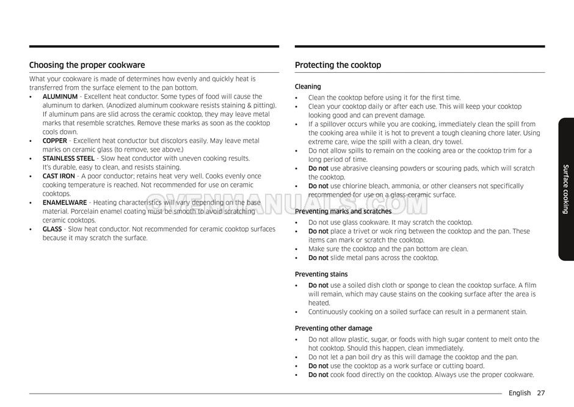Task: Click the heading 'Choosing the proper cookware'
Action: (87, 65)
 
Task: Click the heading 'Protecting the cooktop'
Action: (338, 65)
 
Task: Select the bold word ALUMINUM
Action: (60, 97)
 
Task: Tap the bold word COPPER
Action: (54, 141)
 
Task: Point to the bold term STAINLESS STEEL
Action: (68, 158)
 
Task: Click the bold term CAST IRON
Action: (59, 176)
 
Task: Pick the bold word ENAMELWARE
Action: (65, 203)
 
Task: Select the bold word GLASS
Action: (52, 229)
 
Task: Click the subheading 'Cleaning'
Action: (308, 87)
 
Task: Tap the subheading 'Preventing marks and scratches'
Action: (343, 211)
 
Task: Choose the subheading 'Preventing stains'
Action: (321, 274)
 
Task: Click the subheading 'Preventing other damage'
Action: (333, 328)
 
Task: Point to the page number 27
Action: (541, 393)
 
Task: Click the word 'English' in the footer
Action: (520, 393)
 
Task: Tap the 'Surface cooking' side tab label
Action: (566, 189)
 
